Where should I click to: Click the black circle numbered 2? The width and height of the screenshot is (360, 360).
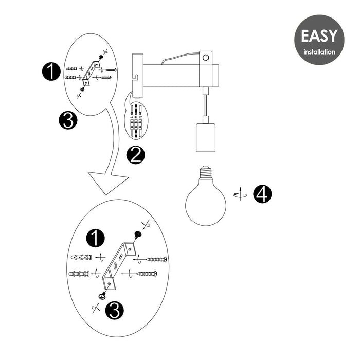pos(135,154)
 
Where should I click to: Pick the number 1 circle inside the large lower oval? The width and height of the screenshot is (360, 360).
pos(95,238)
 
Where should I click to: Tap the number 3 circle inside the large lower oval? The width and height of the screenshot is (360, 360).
pos(115,310)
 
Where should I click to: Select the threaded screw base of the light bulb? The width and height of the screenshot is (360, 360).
pos(206,172)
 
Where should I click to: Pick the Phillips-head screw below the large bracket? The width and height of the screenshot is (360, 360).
pos(103,296)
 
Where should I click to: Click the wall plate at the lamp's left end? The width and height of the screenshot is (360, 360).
pos(136,75)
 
